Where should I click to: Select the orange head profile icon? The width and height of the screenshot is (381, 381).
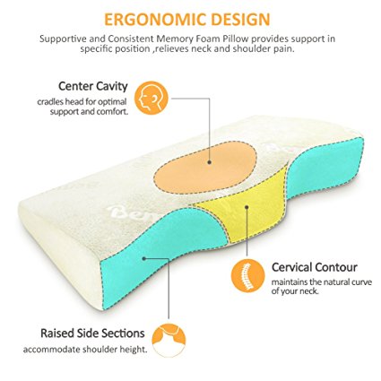[x=152, y=99]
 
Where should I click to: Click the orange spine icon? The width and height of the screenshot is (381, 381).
[x=248, y=275]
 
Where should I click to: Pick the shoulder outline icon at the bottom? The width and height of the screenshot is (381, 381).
[x=169, y=340]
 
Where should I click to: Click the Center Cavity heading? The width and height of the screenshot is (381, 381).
[x=93, y=86]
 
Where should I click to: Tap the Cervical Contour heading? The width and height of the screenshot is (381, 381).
[x=315, y=267]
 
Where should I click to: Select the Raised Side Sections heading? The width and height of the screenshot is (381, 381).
[x=92, y=333]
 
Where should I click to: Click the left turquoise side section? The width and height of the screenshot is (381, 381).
[x=155, y=251]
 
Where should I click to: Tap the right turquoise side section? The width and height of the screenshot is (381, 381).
[x=325, y=168]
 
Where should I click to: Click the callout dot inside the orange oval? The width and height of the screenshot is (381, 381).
[x=210, y=162]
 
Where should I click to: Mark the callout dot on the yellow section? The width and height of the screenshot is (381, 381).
[x=247, y=207]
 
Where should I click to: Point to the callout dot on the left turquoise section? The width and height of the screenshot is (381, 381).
[x=144, y=258]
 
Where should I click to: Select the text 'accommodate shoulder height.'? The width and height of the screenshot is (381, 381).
[x=85, y=350]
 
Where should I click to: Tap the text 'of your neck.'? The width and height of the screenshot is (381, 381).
[x=295, y=290]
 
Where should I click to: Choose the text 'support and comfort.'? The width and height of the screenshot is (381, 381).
[x=89, y=112]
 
